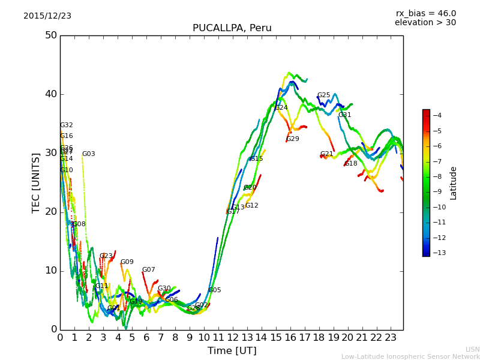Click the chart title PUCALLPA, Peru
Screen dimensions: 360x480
pyautogui.click(x=232, y=28)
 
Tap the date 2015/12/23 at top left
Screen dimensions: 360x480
pyautogui.click(x=47, y=16)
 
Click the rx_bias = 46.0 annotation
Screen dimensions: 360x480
pyautogui.click(x=425, y=14)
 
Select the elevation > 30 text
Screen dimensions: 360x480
pyautogui.click(x=425, y=23)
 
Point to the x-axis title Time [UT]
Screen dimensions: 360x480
pyautogui.click(x=232, y=350)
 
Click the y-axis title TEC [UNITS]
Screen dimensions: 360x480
pyautogui.click(x=36, y=182)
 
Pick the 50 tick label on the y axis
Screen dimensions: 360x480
pyautogui.click(x=51, y=35)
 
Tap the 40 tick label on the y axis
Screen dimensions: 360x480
pyautogui.click(x=51, y=94)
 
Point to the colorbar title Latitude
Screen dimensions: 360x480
pyautogui.click(x=454, y=183)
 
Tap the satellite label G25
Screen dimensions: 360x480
pyautogui.click(x=323, y=95)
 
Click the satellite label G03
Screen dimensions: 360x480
pyautogui.click(x=88, y=154)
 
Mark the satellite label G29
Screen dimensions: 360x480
pyautogui.click(x=292, y=139)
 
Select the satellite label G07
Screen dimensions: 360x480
pyautogui.click(x=148, y=270)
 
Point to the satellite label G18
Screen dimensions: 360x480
pyautogui.click(x=350, y=164)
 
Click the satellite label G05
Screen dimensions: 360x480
pyautogui.click(x=214, y=290)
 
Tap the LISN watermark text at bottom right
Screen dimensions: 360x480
pyautogui.click(x=473, y=349)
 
